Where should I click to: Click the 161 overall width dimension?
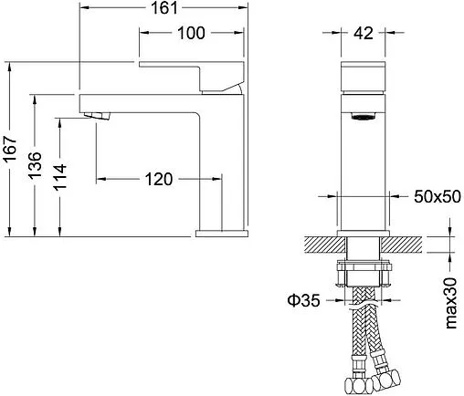(x=164, y=8)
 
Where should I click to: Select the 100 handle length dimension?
(x=191, y=33)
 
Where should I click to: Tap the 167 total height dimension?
(x=9, y=149)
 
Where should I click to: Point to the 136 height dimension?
(x=34, y=165)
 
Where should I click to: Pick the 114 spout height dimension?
(x=59, y=177)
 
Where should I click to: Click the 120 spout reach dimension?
(x=159, y=179)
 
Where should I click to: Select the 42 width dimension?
(x=364, y=33)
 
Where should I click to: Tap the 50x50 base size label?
(x=438, y=197)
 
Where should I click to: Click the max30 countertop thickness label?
(x=451, y=303)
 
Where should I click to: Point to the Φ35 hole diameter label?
(x=303, y=300)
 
